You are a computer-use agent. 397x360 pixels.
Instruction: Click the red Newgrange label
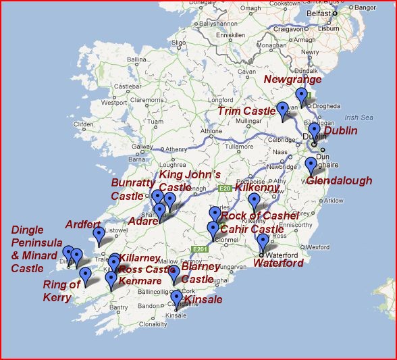[x=292, y=80]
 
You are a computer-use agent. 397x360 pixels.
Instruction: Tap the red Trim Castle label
[x=246, y=111]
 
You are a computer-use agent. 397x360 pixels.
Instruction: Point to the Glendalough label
[x=339, y=181]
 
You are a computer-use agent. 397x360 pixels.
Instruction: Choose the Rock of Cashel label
[x=260, y=215]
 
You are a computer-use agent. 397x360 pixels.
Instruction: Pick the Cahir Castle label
[x=252, y=230]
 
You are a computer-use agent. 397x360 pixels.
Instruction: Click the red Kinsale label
[x=203, y=299]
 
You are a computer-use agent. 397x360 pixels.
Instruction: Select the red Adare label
[x=142, y=220]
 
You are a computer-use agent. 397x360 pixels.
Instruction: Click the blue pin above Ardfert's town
[x=99, y=236]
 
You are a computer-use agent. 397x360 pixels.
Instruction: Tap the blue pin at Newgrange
[x=301, y=97]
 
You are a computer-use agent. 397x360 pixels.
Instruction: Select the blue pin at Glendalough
[x=311, y=165]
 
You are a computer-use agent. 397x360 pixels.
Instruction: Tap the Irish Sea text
[x=359, y=118]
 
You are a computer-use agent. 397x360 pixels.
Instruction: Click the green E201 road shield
[x=198, y=249]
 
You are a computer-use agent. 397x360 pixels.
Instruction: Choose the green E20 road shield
[x=225, y=188]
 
